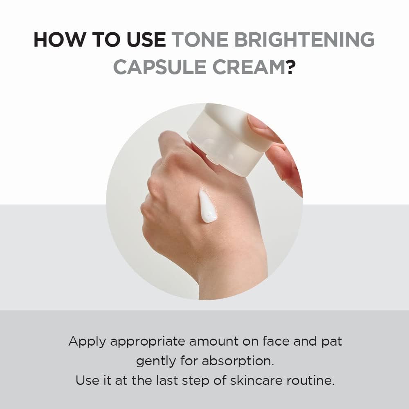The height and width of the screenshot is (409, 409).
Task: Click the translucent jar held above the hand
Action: [229, 139]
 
